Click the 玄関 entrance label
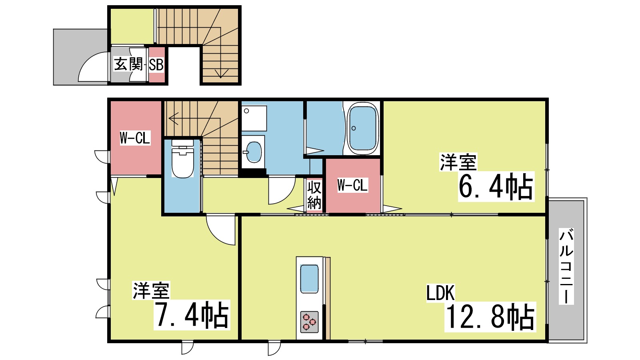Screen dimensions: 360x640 tap(128, 64)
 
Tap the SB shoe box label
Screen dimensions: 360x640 tap(156, 65)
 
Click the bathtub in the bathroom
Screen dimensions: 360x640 tap(363, 128)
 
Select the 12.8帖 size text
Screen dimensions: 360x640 tap(490, 316)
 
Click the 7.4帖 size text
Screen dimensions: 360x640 tap(192, 315)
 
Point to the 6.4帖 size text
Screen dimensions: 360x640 tap(496, 186)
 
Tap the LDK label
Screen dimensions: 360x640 tap(440, 293)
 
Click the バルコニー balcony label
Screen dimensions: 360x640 tap(566, 266)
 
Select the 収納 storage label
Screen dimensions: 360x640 tap(314, 195)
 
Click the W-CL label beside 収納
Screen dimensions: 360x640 tap(352, 185)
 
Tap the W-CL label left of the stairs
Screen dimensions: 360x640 tap(135, 138)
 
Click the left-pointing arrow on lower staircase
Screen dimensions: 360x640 tap(174, 118)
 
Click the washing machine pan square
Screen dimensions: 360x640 tap(254, 118)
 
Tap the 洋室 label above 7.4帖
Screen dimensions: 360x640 tap(151, 291)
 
